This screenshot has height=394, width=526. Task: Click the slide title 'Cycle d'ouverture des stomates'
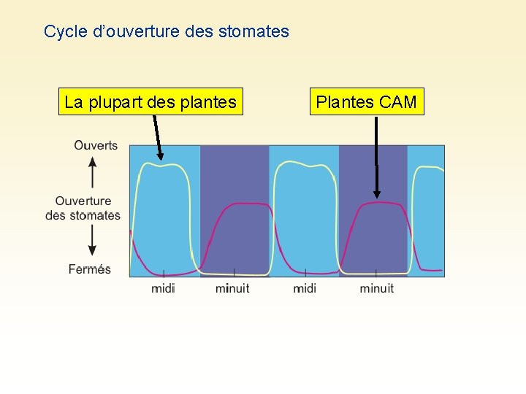167,31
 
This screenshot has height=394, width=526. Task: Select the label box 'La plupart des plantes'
150,102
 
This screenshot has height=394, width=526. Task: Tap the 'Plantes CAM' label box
366,102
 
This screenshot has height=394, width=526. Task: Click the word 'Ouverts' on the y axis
96,145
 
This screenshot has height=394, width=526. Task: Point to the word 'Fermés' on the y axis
90,269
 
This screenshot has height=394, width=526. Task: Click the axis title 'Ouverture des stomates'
83,208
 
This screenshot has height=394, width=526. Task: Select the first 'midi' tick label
163,288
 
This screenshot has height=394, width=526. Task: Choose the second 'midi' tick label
305,288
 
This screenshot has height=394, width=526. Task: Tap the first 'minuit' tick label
232,288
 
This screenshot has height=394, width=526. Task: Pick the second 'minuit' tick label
376,288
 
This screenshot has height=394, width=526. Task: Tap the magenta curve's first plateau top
241,204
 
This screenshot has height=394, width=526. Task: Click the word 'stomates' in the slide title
259,31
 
